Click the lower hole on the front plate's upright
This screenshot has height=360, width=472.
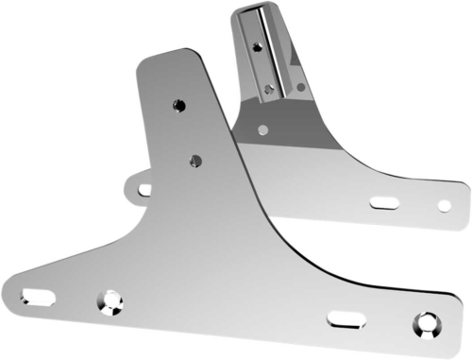click(x=195, y=160)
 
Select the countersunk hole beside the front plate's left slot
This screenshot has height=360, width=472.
click(x=110, y=302)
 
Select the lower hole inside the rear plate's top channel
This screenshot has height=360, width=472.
click(x=272, y=88)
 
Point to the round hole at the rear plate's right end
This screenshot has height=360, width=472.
click(x=443, y=204)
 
